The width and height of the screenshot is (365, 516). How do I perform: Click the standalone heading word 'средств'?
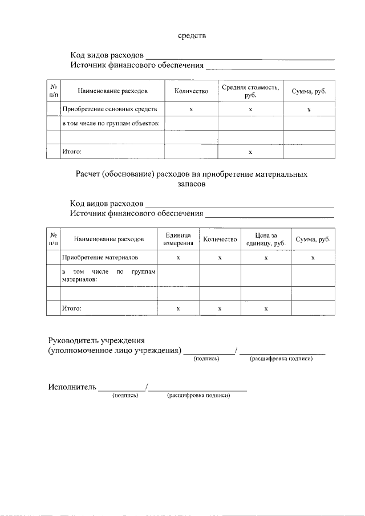[x=191, y=36]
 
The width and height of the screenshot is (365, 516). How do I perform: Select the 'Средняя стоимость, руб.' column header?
[x=250, y=91]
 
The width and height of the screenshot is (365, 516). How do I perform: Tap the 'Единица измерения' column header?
[x=179, y=239]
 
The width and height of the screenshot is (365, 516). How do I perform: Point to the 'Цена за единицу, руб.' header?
[x=266, y=239]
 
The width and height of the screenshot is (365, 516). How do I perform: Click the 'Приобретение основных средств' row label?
[x=109, y=109]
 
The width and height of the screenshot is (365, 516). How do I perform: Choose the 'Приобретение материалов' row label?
[x=100, y=258]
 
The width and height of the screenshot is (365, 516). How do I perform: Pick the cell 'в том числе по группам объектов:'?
[x=109, y=123]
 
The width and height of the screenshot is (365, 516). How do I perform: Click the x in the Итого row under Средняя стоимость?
[x=250, y=152]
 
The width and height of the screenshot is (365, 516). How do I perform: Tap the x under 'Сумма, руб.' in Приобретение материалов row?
[x=313, y=258]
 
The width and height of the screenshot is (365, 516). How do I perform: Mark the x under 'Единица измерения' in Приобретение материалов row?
[x=179, y=258]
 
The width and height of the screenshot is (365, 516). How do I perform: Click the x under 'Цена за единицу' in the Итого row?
[x=266, y=308]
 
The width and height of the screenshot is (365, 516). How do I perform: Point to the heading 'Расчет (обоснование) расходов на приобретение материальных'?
[x=191, y=174]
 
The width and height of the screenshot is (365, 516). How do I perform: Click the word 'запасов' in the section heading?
[x=191, y=184]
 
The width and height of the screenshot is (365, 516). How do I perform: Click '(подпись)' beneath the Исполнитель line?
[x=125, y=395]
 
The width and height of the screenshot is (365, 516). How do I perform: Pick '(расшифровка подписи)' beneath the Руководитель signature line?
[x=282, y=358]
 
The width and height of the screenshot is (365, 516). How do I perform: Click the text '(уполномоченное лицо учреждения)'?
[x=114, y=350]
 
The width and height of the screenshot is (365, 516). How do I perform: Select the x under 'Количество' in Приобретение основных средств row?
[x=191, y=109]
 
